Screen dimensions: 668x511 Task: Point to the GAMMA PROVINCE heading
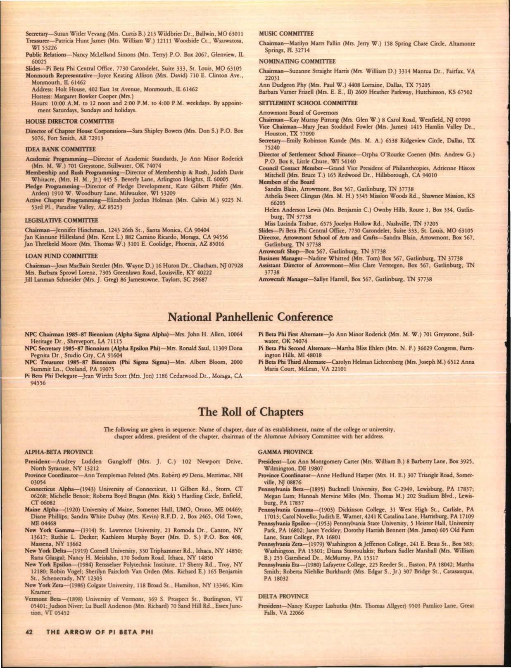[285, 452]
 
